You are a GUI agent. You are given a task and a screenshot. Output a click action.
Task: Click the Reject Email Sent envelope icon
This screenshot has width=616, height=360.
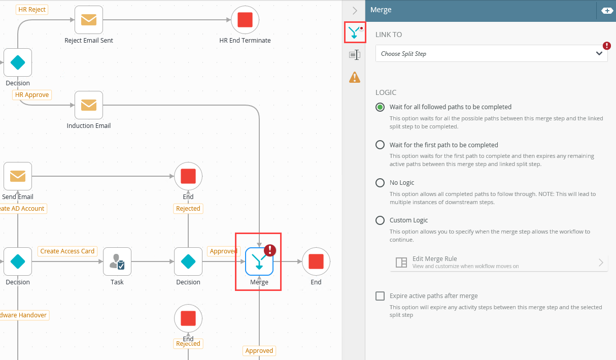[x=89, y=20]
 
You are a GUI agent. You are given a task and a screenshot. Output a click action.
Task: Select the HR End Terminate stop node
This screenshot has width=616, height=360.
[x=245, y=20]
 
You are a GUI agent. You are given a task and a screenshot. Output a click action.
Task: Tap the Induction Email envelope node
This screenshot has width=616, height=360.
[x=89, y=105]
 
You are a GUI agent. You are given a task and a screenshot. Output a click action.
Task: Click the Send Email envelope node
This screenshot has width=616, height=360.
[x=18, y=176]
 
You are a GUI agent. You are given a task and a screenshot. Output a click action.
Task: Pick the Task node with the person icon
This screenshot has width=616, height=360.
[x=117, y=261]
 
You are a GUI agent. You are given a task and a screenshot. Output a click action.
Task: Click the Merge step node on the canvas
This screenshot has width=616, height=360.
[x=259, y=262]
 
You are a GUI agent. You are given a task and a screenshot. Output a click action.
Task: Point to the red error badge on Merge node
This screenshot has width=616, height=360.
[x=270, y=249]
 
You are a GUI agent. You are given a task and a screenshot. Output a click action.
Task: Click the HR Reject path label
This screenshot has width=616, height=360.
[x=32, y=10]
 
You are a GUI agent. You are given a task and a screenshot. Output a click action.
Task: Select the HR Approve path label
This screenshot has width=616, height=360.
[x=32, y=95]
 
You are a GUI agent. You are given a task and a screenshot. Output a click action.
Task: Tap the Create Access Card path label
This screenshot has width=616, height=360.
[x=67, y=251]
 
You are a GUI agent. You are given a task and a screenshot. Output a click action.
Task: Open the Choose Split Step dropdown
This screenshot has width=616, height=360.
[x=491, y=54]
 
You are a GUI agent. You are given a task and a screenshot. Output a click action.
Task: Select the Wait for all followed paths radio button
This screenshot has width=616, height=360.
[x=380, y=107]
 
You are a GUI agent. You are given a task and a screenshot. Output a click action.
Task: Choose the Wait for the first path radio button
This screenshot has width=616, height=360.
[x=380, y=145]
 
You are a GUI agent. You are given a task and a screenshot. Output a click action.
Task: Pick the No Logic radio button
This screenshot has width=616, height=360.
[x=380, y=183]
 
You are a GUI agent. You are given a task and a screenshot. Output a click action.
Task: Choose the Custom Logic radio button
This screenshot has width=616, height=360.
[x=380, y=220]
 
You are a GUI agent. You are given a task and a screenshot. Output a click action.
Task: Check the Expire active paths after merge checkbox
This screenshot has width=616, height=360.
[x=380, y=296]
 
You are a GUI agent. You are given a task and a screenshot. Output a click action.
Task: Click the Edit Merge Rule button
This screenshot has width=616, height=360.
[x=499, y=262]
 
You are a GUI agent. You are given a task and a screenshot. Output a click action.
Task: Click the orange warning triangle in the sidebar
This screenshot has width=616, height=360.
[x=355, y=77]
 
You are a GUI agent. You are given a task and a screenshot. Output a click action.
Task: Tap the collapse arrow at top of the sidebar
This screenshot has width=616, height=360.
[x=355, y=10]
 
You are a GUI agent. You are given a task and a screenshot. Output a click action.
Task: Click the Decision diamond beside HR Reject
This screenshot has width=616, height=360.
[x=18, y=62]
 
